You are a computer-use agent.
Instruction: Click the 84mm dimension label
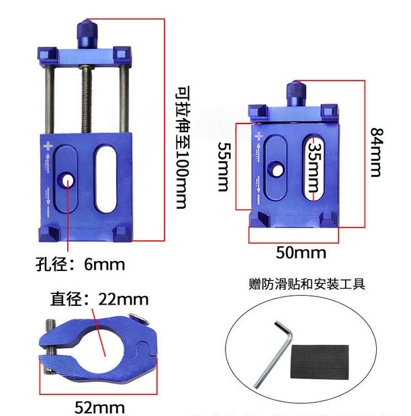click(x=377, y=152)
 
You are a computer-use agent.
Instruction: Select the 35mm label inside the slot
click(x=314, y=168)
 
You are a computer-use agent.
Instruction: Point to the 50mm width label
click(x=301, y=252)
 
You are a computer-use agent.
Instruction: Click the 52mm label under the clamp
click(x=99, y=407)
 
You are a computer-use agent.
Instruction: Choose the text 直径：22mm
click(x=99, y=299)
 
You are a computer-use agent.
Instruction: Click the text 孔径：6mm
click(x=81, y=264)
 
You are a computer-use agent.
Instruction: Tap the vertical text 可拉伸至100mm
click(x=183, y=148)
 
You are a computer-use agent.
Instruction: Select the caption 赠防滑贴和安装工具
click(x=307, y=284)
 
